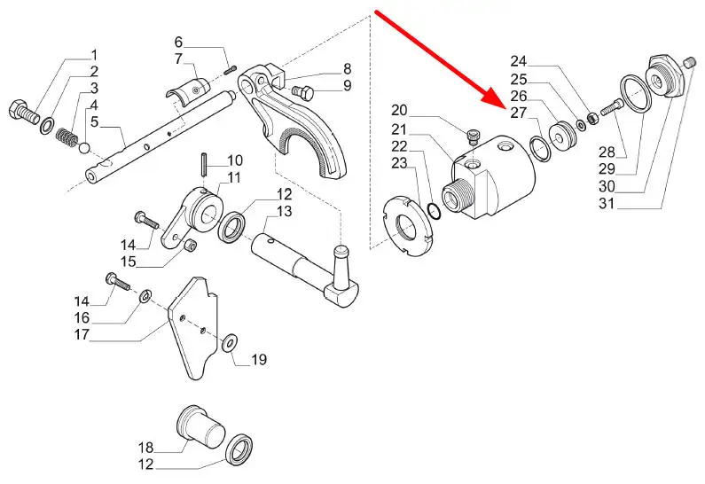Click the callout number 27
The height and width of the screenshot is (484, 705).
click(519, 113)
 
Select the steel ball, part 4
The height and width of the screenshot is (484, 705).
click(85, 147)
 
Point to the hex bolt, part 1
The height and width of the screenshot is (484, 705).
click(24, 111)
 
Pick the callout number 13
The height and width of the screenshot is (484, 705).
click(284, 211)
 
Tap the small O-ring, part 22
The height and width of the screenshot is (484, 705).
click(435, 211)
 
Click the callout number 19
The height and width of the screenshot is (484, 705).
click(259, 360)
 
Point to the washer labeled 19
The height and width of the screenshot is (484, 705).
click(231, 344)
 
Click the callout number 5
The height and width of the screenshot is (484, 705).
click(94, 121)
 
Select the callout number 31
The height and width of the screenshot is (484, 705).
click(607, 204)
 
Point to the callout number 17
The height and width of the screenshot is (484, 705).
click(82, 334)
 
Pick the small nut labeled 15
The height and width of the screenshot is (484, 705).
click(191, 246)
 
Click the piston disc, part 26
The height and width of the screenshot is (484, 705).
click(563, 136)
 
